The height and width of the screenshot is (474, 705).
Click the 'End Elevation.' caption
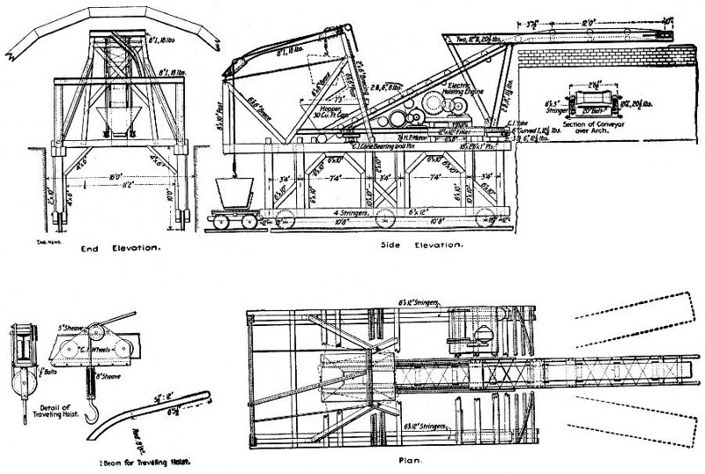[120, 249]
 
